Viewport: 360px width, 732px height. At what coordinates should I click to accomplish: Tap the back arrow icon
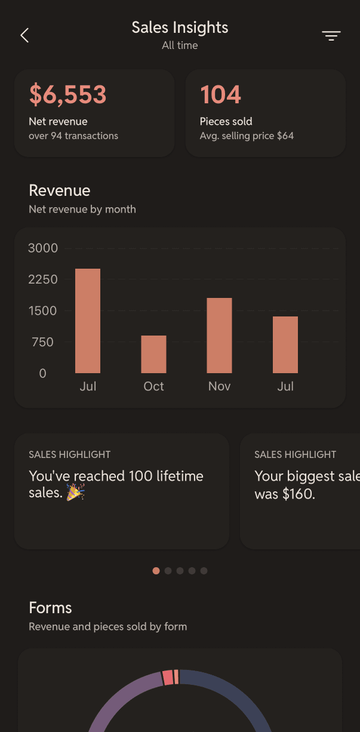coord(24,35)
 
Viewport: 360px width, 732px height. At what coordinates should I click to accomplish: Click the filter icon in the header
coord(331,36)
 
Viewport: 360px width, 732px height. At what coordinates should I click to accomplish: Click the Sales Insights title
coord(180,27)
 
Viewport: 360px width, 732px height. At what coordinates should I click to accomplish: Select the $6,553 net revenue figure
coord(67,94)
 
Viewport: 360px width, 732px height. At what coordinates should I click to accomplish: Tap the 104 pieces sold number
coord(220,94)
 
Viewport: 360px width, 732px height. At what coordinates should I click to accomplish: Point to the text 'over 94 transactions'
coord(73,136)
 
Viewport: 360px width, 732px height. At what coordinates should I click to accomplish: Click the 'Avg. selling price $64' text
coord(247,136)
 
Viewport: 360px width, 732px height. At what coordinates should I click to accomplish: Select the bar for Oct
coord(153,354)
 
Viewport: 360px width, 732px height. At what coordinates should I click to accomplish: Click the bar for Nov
coord(220,336)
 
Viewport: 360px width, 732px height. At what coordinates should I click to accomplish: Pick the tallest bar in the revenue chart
coord(88,321)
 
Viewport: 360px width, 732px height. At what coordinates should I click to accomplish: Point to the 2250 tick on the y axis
coord(43,279)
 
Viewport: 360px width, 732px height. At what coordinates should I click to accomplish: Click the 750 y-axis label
coord(43,342)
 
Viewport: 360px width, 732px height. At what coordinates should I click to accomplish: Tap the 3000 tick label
coord(43,248)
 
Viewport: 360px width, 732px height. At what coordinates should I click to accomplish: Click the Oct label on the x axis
coord(153,386)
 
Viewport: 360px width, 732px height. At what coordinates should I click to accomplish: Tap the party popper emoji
coord(75,492)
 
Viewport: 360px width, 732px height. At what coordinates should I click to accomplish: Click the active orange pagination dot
coord(156,571)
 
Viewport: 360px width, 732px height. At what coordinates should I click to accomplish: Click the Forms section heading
coord(50,608)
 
